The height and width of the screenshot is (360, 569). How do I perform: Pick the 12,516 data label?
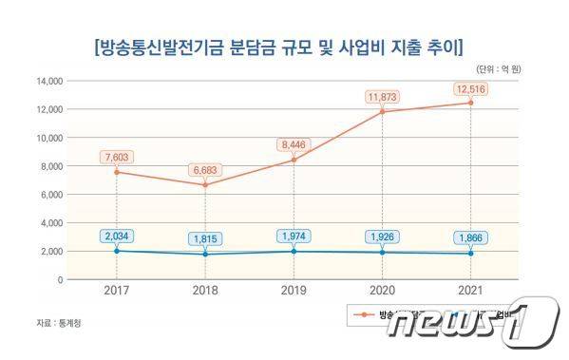point(470,89)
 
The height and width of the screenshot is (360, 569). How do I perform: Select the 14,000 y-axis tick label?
point(48,82)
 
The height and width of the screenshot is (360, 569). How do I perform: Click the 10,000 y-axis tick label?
point(48,138)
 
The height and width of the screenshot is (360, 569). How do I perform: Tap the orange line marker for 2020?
point(382,111)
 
